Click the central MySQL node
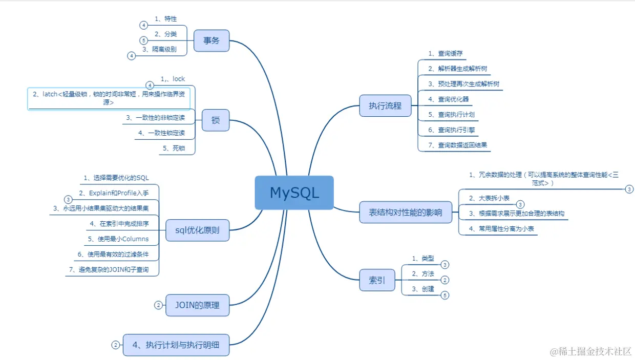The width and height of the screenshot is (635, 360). coord(294,193)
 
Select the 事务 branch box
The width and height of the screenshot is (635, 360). coord(211,40)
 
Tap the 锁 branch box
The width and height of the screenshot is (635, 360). coord(215,120)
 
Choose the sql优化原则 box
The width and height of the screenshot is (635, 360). coord(197,230)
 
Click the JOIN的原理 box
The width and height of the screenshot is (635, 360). coord(197,305)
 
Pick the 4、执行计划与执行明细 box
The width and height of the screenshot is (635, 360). coord(176,345)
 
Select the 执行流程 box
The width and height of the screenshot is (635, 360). coord(385,106)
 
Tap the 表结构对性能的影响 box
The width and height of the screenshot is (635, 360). coord(406,212)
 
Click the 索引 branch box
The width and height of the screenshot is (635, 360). coord(377,281)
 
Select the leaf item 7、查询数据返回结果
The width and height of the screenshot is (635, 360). coord(458,145)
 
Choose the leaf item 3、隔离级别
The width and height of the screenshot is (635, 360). coord(160,50)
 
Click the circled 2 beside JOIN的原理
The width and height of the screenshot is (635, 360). coord(158,305)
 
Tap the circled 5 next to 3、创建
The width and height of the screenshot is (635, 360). coord(445,295)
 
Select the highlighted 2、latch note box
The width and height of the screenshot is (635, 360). coord(109,98)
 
